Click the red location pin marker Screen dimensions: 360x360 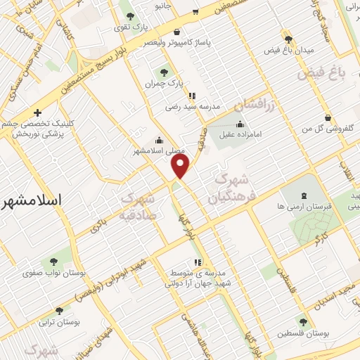pyautogui.click(x=181, y=166)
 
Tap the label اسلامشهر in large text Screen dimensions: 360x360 pyautogui.click(x=32, y=201)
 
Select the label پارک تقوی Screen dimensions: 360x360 pyautogui.click(x=133, y=28)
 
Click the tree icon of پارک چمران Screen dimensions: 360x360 pyautogui.click(x=164, y=72)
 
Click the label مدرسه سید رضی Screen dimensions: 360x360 pyautogui.click(x=192, y=107)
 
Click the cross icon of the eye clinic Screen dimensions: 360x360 pyautogui.click(x=37, y=112)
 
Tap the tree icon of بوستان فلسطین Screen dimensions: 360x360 pyautogui.click(x=302, y=322)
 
